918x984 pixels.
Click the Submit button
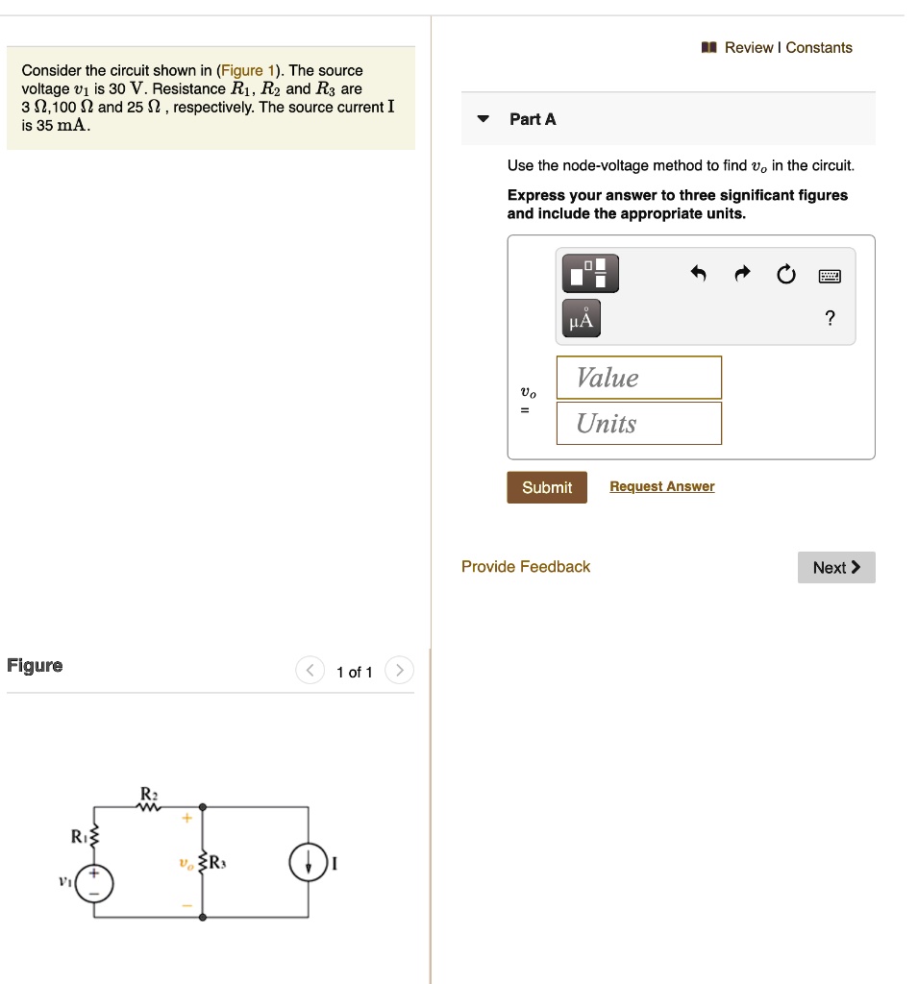547,487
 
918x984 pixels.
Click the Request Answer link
661,486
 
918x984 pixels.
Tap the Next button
836,568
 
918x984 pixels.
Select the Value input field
638,378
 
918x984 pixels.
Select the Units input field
638,424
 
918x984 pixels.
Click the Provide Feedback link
526,567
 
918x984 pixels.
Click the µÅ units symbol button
580,319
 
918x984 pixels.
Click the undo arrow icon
699,276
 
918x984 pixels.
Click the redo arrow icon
742,276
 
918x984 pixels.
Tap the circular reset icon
786,276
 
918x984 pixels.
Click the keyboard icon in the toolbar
830,277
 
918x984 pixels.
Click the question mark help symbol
830,319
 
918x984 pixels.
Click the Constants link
819,47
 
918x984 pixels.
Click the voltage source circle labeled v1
94,883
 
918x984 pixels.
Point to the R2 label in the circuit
148,793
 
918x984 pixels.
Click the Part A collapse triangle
484,119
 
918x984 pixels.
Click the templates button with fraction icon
587,274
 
